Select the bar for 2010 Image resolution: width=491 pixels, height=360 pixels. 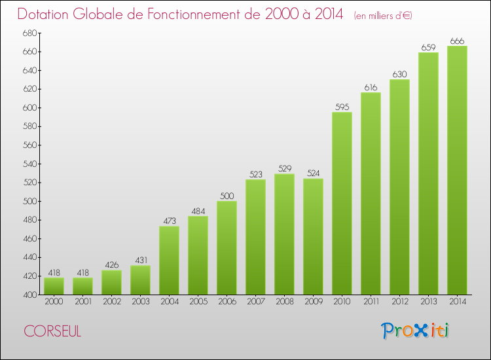coord(342,204)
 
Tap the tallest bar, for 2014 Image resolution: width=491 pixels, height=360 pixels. coord(457,170)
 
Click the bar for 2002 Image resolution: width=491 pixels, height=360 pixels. coord(111,282)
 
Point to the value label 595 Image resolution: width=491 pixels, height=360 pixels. coord(342,107)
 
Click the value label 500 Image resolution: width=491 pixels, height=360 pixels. coord(227,196)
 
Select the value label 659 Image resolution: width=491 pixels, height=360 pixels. coord(428,47)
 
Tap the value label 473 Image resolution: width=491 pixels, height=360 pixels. coord(169,221)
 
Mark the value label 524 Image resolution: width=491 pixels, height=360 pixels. coord(313,173)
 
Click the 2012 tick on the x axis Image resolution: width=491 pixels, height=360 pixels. coord(399,301)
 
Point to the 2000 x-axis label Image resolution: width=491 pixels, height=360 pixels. coord(54,301)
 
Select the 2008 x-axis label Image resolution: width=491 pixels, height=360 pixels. coord(284,301)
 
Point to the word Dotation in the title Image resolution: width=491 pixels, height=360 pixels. coord(46,14)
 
